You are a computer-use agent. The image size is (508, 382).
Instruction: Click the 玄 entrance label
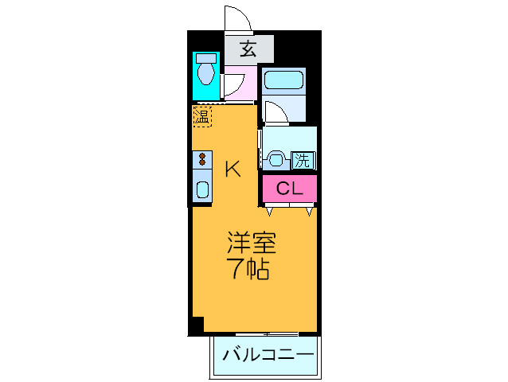(248, 49)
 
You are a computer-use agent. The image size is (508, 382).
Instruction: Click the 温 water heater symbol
(202, 116)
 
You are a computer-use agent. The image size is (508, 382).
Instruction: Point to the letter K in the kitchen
(232, 169)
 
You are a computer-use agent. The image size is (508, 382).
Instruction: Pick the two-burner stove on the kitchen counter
(202, 159)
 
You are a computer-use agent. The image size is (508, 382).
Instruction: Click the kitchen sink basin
(202, 190)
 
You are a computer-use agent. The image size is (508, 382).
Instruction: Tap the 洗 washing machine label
(303, 159)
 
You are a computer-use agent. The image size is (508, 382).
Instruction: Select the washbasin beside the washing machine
(277, 158)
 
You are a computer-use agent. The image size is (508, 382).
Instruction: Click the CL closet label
(289, 189)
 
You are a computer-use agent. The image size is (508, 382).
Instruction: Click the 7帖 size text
(250, 269)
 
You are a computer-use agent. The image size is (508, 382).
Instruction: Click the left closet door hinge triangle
(271, 212)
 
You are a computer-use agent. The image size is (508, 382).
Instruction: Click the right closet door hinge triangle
(309, 212)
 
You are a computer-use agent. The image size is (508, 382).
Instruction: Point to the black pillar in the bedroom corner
(196, 325)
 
